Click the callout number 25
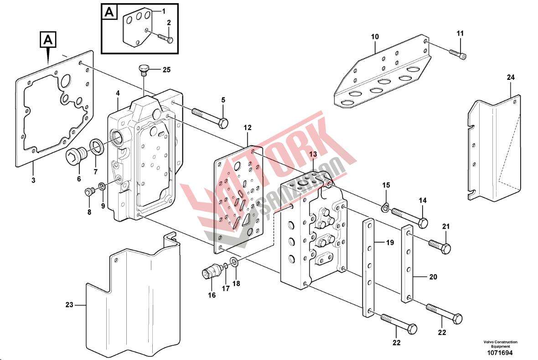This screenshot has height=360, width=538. [166, 70]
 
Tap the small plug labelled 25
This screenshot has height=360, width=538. [144, 70]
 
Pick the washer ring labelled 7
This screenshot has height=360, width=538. [97, 146]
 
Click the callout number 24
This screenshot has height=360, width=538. [510, 78]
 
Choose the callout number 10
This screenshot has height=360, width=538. [375, 36]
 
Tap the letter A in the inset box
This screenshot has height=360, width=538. [109, 12]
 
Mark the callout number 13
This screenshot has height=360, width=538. [312, 155]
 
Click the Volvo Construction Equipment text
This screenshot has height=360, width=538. [501, 344]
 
